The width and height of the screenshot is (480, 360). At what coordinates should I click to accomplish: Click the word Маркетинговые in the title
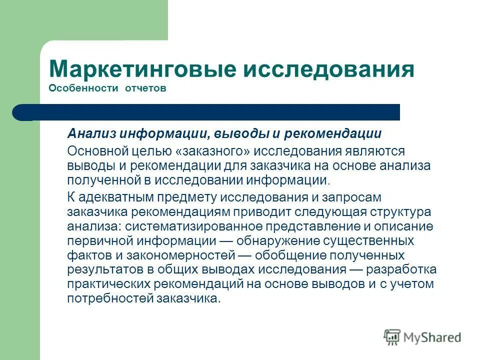(142, 69)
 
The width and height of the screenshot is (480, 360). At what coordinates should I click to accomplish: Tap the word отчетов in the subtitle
(138, 88)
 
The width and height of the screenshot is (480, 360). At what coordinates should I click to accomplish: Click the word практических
(98, 284)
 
